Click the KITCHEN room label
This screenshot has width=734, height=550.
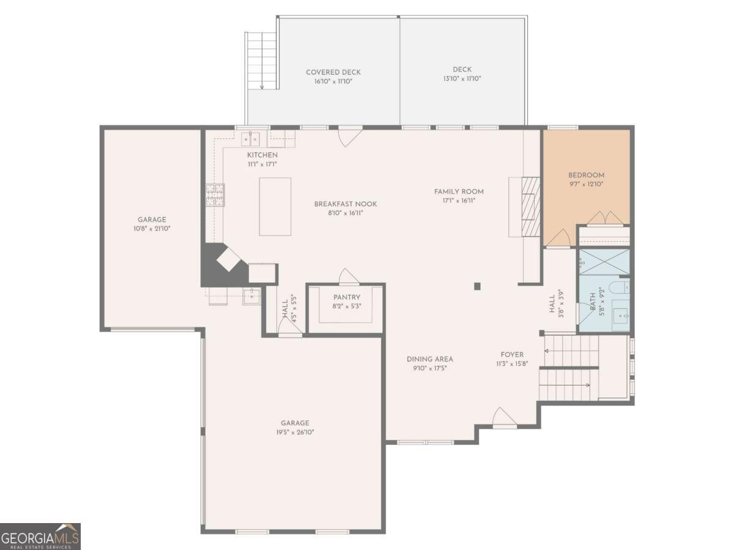[x=262, y=155]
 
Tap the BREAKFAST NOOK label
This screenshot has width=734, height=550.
[x=346, y=204]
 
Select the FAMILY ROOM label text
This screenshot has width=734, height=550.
[x=459, y=191]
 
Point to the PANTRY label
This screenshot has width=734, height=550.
[x=347, y=297]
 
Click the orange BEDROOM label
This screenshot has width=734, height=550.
[x=586, y=175]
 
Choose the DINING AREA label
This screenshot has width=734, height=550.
[x=430, y=359]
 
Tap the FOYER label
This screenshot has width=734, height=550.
[x=512, y=354]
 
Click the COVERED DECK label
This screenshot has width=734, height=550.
[x=333, y=72]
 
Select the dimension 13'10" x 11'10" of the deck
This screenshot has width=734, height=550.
[x=462, y=78]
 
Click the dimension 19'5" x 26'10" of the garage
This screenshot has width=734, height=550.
[x=295, y=432]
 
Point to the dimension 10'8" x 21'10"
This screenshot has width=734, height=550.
[x=152, y=229]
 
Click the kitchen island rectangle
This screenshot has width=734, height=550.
[x=275, y=207]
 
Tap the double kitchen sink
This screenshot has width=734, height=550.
[x=251, y=139]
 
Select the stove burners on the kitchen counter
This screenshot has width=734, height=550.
[x=215, y=195]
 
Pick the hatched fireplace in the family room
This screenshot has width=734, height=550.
[x=531, y=207]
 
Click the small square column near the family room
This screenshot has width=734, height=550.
[x=477, y=286]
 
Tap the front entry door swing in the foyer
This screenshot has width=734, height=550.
[x=504, y=418]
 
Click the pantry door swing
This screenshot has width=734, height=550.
[x=349, y=277]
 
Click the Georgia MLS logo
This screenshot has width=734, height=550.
[x=40, y=537]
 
